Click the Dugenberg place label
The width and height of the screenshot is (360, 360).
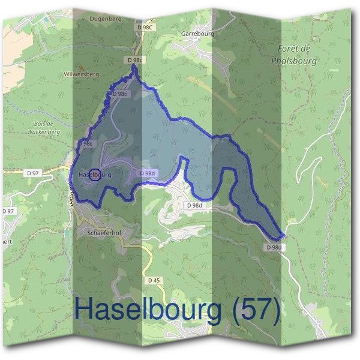tap(106, 19)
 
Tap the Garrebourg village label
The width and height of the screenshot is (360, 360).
tap(197, 34)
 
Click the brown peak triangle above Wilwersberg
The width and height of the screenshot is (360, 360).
tap(80, 67)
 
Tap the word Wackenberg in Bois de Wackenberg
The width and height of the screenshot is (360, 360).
tap(45, 130)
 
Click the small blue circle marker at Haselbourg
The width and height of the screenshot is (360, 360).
tap(94, 175)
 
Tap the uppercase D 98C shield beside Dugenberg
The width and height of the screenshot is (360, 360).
tap(145, 28)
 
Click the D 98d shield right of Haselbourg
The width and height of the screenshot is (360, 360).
tap(147, 173)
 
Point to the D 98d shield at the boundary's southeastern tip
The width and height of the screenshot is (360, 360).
tap(274, 247)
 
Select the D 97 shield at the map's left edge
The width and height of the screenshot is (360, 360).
tap(7, 211)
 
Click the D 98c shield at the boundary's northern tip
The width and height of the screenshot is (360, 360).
tap(135, 60)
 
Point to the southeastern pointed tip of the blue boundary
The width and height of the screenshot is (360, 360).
tap(283, 236)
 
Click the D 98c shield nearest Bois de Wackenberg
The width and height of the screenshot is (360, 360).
tap(86, 144)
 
